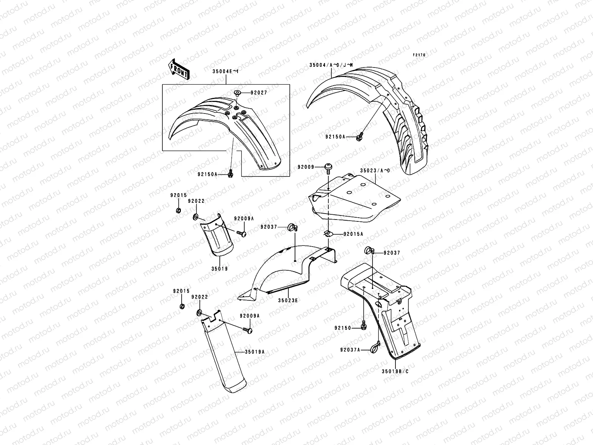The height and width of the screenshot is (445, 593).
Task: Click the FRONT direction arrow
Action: click(179, 69)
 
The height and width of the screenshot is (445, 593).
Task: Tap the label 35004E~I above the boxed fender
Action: click(226, 72)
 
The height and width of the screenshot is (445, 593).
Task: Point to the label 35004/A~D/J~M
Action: click(331, 65)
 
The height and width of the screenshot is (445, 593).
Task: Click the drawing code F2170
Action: click(420, 55)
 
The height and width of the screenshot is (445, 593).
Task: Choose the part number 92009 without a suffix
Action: click(306, 167)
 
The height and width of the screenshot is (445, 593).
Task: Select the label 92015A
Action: click(353, 234)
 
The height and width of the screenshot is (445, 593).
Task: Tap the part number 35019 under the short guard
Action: click(220, 268)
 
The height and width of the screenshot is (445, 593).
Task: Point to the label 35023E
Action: click(288, 300)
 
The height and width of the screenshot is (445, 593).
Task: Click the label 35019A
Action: click(254, 352)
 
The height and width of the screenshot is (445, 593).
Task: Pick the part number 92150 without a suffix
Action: click(342, 328)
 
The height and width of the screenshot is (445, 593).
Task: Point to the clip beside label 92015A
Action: click(328, 233)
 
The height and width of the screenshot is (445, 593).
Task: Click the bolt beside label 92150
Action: click(363, 326)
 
